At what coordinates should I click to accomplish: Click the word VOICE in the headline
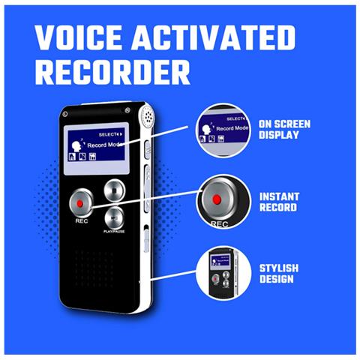pyautogui.click(x=79, y=37)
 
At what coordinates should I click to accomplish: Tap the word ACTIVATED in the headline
pyautogui.click(x=214, y=37)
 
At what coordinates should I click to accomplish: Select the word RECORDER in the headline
pyautogui.click(x=112, y=72)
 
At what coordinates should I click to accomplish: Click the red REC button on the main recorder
pyautogui.click(x=81, y=202)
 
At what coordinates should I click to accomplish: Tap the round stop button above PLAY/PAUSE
pyautogui.click(x=115, y=190)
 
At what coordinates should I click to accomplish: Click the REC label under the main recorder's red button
pyautogui.click(x=82, y=221)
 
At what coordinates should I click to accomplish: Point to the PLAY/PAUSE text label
pyautogui.click(x=114, y=232)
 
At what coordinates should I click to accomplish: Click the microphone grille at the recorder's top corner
pyautogui.click(x=146, y=115)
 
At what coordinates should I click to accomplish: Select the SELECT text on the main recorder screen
pyautogui.click(x=107, y=135)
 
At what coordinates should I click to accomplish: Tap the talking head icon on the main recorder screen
pyautogui.click(x=76, y=145)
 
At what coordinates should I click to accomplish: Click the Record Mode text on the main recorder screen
pyautogui.click(x=105, y=145)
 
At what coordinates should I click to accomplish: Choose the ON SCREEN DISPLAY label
pyautogui.click(x=284, y=130)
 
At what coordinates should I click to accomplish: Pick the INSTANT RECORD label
pyautogui.click(x=279, y=202)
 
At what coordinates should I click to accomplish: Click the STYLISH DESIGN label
pyautogui.click(x=279, y=274)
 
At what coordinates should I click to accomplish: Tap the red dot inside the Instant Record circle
pyautogui.click(x=217, y=199)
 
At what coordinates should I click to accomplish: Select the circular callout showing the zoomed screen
pyautogui.click(x=223, y=130)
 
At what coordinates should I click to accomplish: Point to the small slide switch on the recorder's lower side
pyautogui.click(x=146, y=238)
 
